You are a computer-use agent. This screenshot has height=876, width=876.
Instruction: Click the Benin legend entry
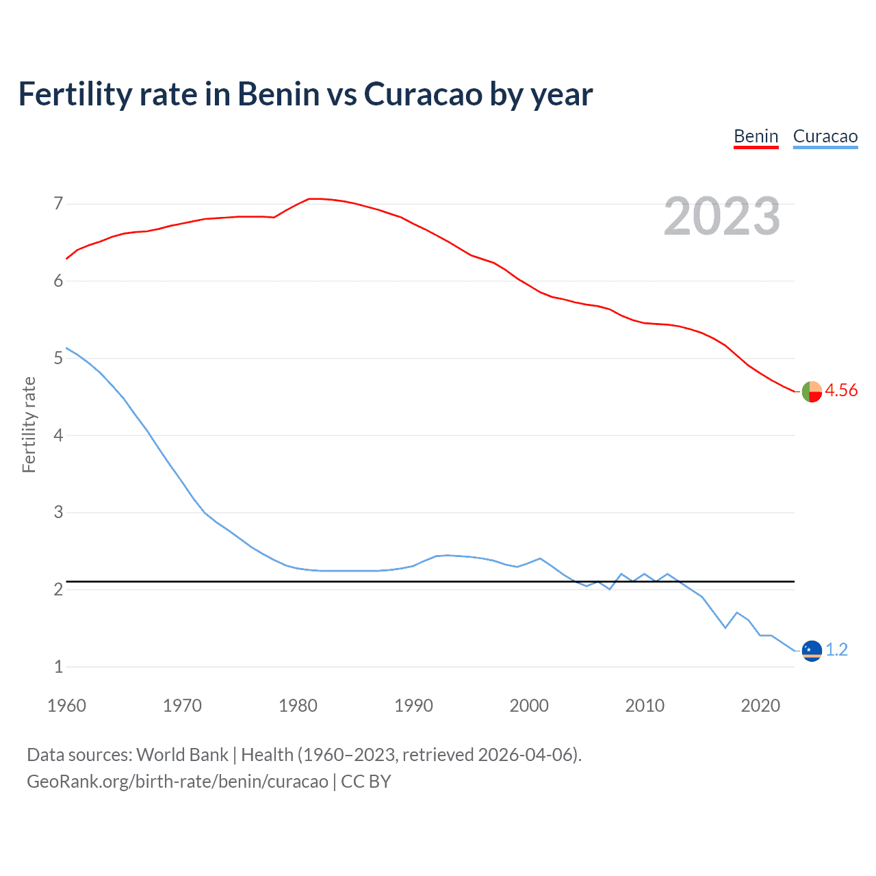coord(756,136)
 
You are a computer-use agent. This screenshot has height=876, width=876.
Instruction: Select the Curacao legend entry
coord(825,136)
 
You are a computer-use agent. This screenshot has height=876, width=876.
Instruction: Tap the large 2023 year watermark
coord(721,216)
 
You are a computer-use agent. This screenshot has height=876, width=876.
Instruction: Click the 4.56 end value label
coord(841,390)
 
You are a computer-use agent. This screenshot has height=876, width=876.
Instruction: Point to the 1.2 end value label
coord(836,649)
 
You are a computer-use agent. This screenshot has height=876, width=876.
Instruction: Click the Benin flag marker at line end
coord(811,391)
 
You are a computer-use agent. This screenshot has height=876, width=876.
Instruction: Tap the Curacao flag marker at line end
coord(811,650)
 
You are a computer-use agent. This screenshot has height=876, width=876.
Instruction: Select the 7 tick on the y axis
coord(58,203)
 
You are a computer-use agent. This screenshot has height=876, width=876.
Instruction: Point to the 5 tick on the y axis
coord(58,358)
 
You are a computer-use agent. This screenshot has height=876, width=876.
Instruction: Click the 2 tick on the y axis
coord(58,589)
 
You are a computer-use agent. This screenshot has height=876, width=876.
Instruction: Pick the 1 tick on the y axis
coord(58,667)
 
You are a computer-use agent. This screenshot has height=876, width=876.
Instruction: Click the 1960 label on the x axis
coord(66,706)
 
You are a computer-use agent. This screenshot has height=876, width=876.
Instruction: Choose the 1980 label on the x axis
coord(298,706)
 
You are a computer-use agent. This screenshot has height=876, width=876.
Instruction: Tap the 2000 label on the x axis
coord(529,706)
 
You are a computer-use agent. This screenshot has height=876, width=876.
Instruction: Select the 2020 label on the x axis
coord(760,706)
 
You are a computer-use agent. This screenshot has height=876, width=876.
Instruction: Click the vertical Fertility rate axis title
coord(29,424)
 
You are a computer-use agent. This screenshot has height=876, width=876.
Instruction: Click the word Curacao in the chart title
coord(423,94)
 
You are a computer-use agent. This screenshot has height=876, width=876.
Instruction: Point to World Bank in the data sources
coord(182,755)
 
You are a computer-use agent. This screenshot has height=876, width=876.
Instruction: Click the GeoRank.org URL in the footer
coord(177,782)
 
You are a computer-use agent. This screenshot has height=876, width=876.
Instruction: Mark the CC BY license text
coord(366,782)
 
